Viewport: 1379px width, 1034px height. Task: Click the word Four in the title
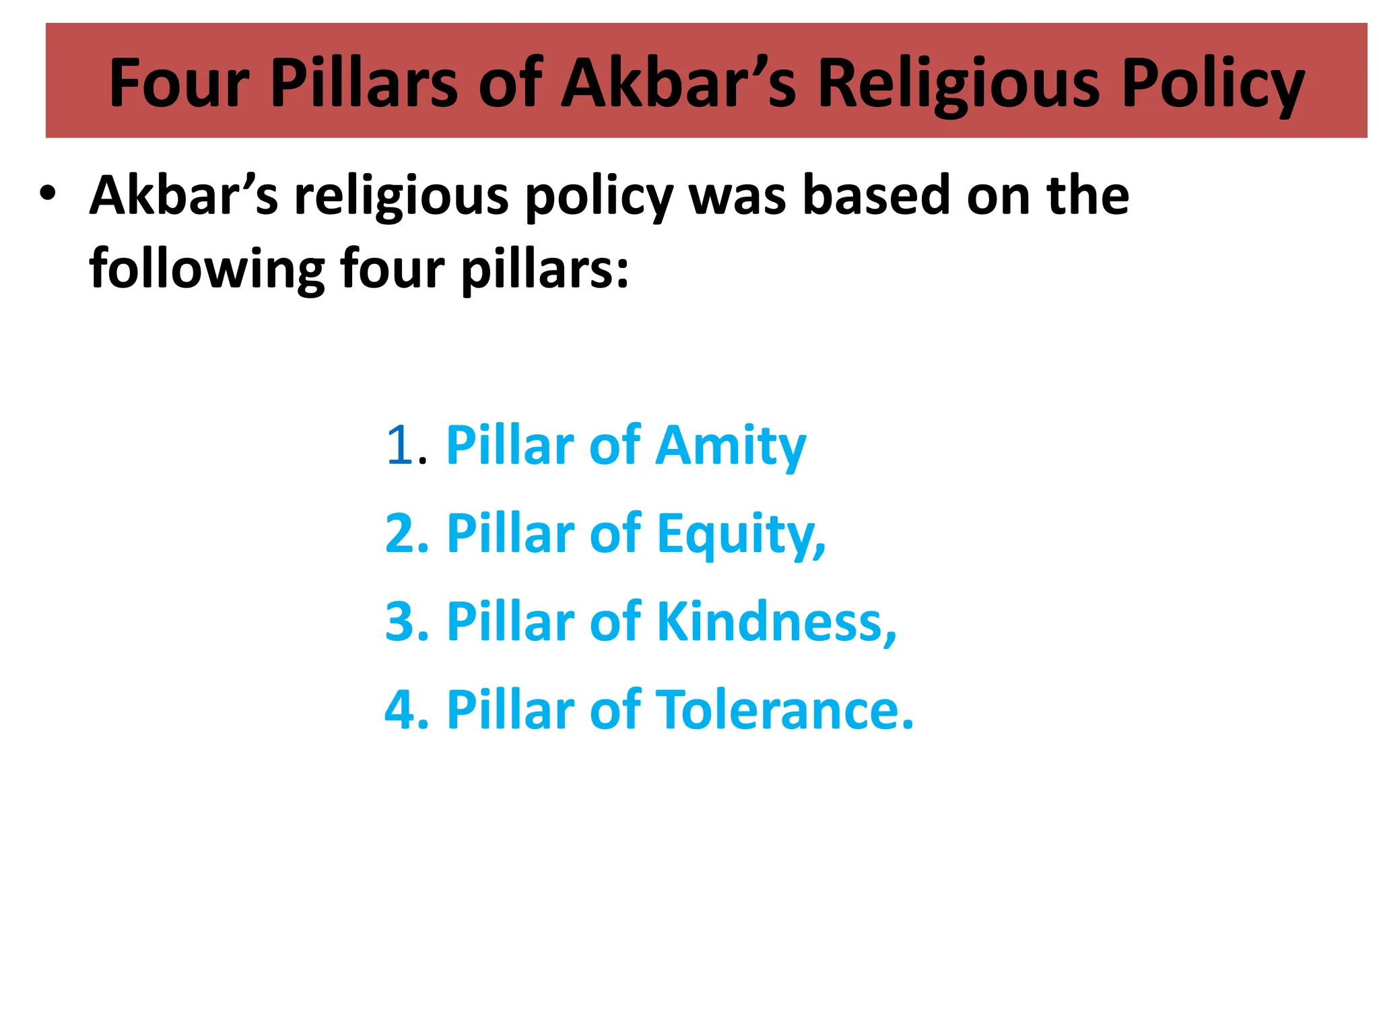179,83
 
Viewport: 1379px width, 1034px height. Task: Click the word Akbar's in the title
679,83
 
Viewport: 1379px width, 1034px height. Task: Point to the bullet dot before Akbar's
47,194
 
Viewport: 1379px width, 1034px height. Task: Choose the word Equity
741,535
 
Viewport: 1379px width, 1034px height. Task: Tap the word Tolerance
785,710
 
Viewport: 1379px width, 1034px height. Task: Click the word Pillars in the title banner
364,83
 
